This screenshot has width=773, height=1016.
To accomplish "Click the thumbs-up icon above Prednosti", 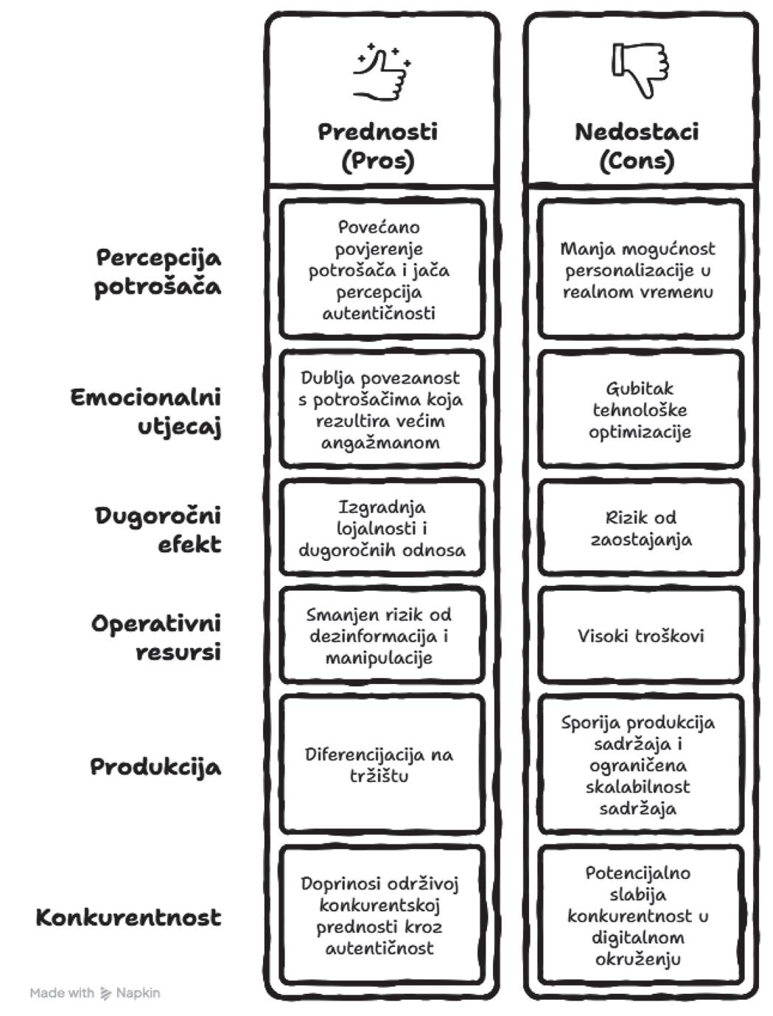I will coord(381,71).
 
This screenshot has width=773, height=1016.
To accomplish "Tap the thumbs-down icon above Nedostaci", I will coord(640,69).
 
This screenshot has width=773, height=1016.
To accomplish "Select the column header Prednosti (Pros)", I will coord(378,146).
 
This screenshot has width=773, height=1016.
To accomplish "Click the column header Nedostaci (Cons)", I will coord(637,146).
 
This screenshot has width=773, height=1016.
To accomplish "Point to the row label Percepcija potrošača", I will coord(158,272).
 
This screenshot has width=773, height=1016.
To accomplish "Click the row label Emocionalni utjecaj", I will coord(146,412).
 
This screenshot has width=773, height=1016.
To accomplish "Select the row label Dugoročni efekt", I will coord(158,529).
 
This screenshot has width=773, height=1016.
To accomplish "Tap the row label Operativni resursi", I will coord(156,637).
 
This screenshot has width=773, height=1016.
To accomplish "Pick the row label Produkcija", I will coord(155,766).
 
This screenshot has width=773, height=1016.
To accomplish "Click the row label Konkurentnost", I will coord(128,917).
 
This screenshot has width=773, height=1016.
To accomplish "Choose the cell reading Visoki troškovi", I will coord(640,635).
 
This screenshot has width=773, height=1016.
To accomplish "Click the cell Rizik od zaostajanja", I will coord(640,528).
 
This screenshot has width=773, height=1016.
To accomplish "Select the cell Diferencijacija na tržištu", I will coord(379,764).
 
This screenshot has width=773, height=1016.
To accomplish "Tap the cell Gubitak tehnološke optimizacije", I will coord(640,409).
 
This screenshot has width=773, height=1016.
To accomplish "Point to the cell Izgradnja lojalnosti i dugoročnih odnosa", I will coord(382,528).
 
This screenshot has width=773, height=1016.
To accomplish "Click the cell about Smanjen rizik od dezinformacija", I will coord(379,635).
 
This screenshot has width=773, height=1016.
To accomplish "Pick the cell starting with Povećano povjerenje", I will coord(379,269).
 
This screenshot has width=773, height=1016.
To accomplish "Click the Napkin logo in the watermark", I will coord(106,993).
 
